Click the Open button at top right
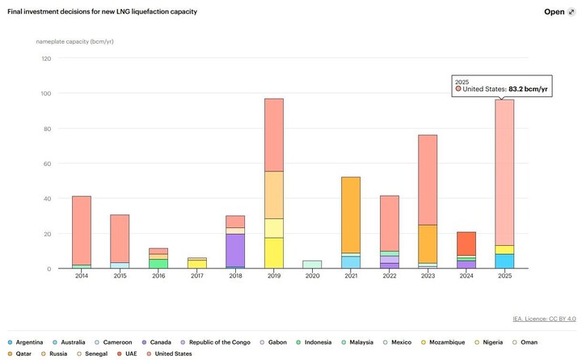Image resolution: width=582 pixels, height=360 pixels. pos(558,12)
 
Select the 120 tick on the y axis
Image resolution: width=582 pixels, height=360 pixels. pos(45,58)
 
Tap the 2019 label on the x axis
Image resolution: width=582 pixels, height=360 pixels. pos(273,276)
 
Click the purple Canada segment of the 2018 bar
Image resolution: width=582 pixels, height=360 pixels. pos(234,250)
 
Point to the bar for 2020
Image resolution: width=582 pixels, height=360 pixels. pos(312,265)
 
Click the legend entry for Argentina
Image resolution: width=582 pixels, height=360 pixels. pos(28,342)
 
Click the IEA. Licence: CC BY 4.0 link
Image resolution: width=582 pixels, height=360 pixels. pos(544,318)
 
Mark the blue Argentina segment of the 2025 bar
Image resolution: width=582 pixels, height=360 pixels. pos(504,261)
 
